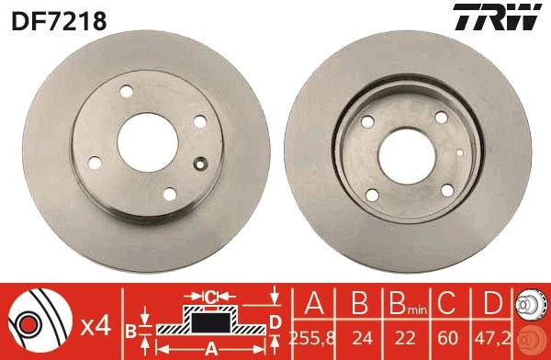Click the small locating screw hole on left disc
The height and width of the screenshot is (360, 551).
tap(202, 165)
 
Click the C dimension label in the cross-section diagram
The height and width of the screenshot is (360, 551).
tap(210, 297)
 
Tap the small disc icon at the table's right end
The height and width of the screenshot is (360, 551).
tap(530, 321)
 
